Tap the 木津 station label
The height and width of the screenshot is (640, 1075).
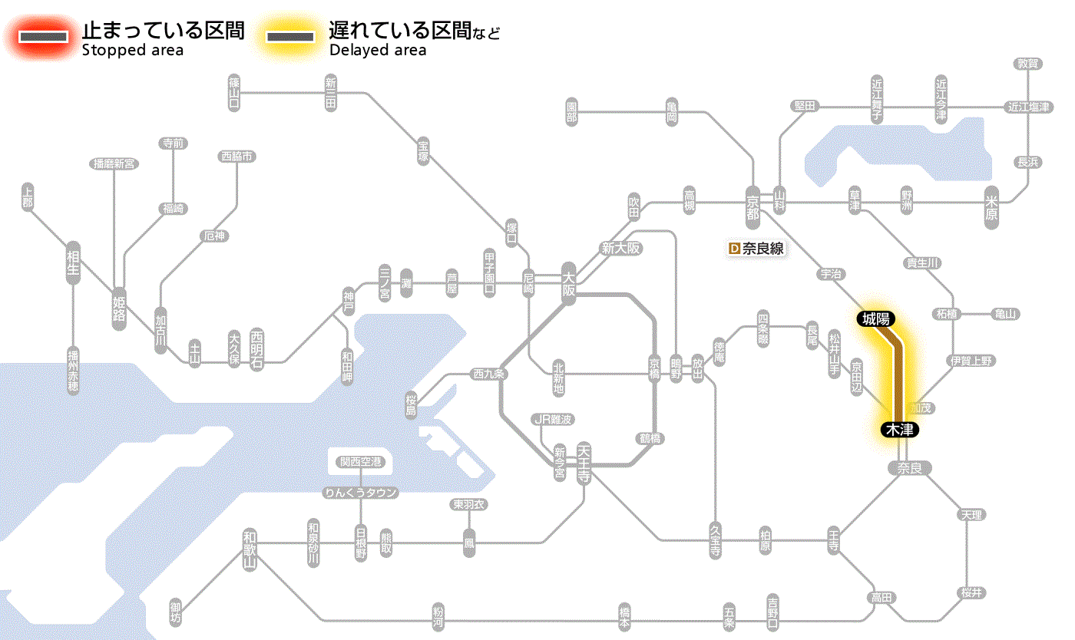899,430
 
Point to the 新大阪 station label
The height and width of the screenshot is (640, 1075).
620,248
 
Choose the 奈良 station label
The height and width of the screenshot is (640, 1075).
908,468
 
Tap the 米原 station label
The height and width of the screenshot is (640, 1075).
993,207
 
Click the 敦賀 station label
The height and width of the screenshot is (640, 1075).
1027,64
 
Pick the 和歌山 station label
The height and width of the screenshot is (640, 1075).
250,547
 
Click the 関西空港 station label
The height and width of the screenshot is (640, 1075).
361,462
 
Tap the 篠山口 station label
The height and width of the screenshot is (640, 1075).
234,92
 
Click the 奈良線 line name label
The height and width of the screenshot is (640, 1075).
762,249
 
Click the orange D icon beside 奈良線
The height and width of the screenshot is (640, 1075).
733,249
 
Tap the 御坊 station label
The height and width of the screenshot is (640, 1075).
176,613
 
